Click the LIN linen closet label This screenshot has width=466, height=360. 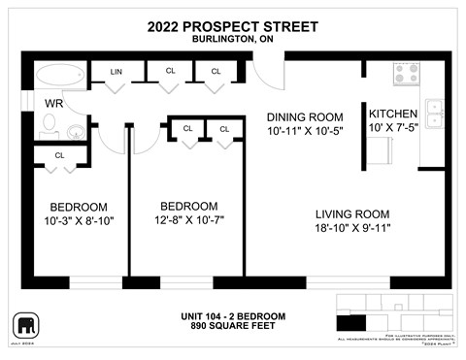[116, 71]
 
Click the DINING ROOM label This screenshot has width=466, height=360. [306, 116]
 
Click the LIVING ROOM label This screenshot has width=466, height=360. [352, 214]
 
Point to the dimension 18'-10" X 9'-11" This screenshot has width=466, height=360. [352, 229]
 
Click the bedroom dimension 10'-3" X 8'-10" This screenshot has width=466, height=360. [80, 221]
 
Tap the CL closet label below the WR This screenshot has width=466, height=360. [59, 155]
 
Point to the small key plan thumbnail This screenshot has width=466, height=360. [392, 314]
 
